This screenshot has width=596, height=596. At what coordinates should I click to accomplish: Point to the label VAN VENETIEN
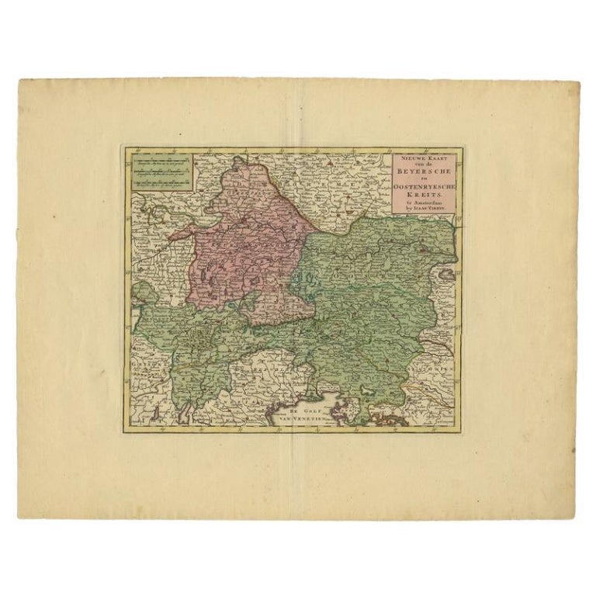[x=299, y=416]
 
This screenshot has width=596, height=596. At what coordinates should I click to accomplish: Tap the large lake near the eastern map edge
[x=445, y=273]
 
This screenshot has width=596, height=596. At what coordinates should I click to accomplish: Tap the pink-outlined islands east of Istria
[x=384, y=420]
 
